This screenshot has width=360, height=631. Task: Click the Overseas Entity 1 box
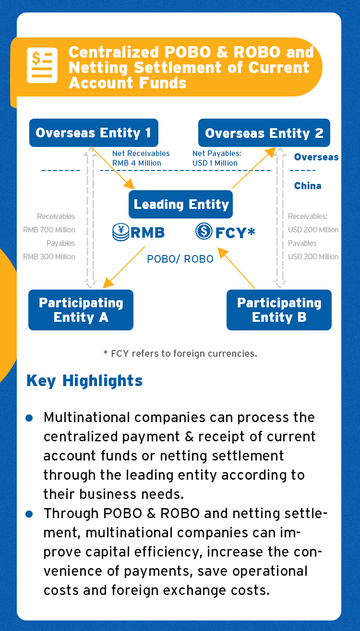point(94,133)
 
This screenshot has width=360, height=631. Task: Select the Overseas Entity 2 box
point(264,133)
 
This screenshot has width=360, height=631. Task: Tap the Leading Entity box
point(181,204)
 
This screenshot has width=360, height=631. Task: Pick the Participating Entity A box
point(81,310)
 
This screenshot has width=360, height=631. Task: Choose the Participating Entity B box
point(279,310)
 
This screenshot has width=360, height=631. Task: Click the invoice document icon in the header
point(42,65)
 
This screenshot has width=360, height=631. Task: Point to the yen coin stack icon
point(120,232)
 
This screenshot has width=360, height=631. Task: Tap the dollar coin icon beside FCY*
point(204,231)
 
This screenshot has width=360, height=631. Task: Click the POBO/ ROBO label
point(180,259)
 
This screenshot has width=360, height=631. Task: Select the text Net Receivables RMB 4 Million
point(141,158)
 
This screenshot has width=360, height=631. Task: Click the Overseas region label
point(316,157)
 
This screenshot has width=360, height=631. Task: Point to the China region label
point(308,186)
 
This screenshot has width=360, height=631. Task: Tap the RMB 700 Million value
point(49,230)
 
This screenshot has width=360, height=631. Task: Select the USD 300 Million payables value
point(313,256)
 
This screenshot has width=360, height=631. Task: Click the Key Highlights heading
point(84,381)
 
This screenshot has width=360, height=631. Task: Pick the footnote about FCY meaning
point(180,353)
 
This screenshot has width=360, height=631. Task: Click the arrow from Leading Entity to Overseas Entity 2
point(254,168)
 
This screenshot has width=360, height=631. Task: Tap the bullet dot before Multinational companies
point(29,418)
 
